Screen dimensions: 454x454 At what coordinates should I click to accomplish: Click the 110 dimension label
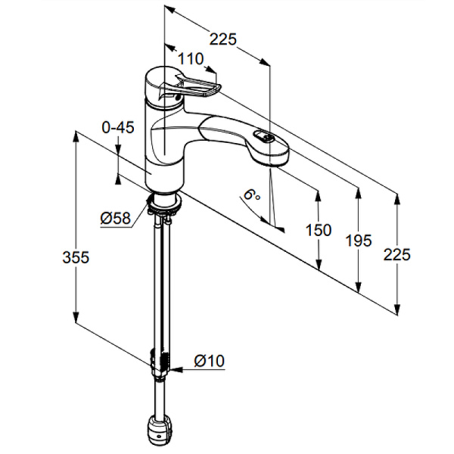click(191, 59)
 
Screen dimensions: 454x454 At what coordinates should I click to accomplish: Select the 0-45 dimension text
click(118, 127)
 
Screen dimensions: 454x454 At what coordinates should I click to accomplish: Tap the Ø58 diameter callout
click(115, 218)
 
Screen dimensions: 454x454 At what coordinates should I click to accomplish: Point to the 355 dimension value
click(76, 257)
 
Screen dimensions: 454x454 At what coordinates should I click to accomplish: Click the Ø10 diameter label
click(210, 361)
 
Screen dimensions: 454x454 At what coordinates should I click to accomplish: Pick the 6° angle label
click(251, 195)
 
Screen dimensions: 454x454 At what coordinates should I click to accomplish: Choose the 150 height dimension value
click(319, 230)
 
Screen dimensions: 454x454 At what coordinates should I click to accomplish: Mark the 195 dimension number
click(359, 241)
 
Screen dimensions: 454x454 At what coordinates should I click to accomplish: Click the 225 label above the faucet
click(223, 39)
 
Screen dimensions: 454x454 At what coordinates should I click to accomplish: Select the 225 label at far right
click(397, 255)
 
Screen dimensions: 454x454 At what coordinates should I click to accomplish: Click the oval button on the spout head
click(263, 137)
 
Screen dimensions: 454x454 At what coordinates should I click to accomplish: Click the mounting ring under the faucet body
click(164, 202)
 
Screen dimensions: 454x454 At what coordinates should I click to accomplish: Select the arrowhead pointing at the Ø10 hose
click(176, 370)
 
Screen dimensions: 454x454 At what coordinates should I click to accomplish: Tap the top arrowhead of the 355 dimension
click(76, 137)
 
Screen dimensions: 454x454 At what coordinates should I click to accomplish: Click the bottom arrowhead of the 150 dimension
click(319, 263)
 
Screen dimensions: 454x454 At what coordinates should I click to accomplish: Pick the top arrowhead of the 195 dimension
click(359, 194)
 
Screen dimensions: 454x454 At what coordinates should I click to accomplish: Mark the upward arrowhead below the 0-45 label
click(118, 179)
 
